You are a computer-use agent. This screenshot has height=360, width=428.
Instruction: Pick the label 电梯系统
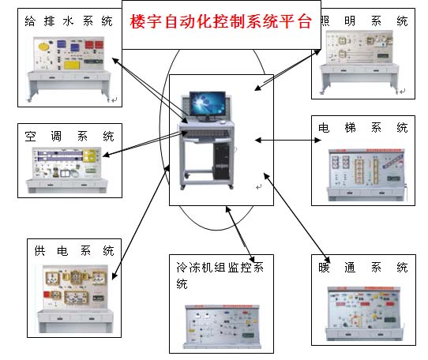tap(363, 127)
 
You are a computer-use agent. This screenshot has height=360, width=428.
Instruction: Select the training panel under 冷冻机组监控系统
tap(221, 324)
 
